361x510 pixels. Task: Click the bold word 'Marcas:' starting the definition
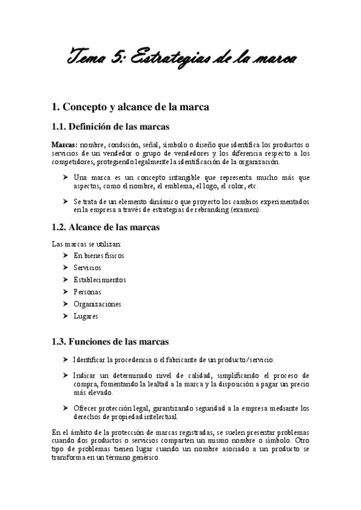64,144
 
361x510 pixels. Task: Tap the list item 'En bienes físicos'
99,255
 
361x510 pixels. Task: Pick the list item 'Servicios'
87,267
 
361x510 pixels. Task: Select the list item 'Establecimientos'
99,279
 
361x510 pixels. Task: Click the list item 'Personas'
87,292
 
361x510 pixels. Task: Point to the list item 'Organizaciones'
97,304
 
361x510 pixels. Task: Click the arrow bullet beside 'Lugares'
65,316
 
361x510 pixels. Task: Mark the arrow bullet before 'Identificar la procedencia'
65,360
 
